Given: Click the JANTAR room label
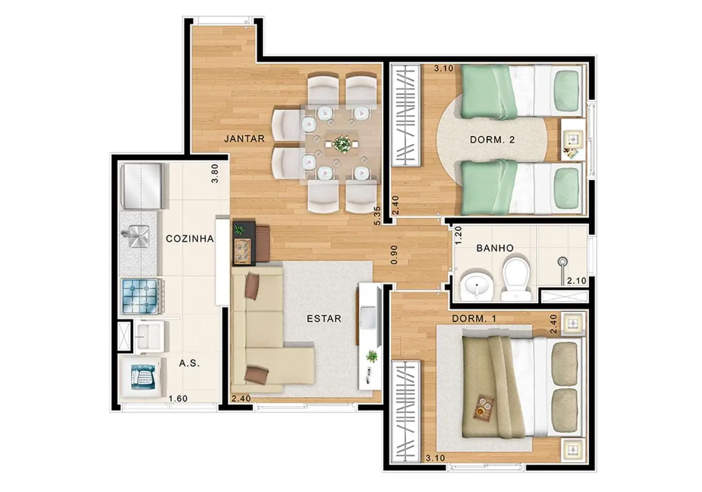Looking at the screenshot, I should pos(244,139).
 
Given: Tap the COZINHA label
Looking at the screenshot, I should pos(190,239).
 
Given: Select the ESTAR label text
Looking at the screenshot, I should pos(324,319).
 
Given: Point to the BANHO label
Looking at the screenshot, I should pos(495,248).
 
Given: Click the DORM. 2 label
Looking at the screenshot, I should pos(492,140).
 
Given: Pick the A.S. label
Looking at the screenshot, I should pos(189,363).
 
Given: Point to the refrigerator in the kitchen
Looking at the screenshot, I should pos(142,186).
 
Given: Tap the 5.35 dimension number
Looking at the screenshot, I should pos(378,216).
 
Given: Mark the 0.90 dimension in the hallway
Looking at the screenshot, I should pos(394,254).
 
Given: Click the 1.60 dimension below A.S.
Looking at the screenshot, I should pos(178,399).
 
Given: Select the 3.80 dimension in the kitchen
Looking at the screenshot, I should pos(215,173).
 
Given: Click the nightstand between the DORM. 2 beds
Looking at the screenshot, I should pos(573,140).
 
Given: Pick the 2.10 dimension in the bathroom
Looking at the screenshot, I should pos(576,281).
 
